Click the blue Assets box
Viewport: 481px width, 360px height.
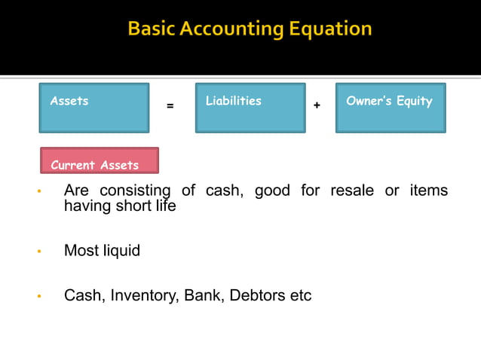93,108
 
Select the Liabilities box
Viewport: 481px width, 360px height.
250,108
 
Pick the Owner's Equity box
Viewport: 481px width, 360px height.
390,108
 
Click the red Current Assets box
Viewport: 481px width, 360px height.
100,160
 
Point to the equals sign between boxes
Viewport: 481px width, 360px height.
170,106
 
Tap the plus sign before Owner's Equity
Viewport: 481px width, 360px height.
317,106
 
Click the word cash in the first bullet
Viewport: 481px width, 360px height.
223,191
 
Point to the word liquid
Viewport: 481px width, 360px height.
121,251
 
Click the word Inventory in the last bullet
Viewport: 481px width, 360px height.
142,296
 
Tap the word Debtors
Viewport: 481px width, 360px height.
256,296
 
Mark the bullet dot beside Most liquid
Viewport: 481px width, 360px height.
38,252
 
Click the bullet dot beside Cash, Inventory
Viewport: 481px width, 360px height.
38,297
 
